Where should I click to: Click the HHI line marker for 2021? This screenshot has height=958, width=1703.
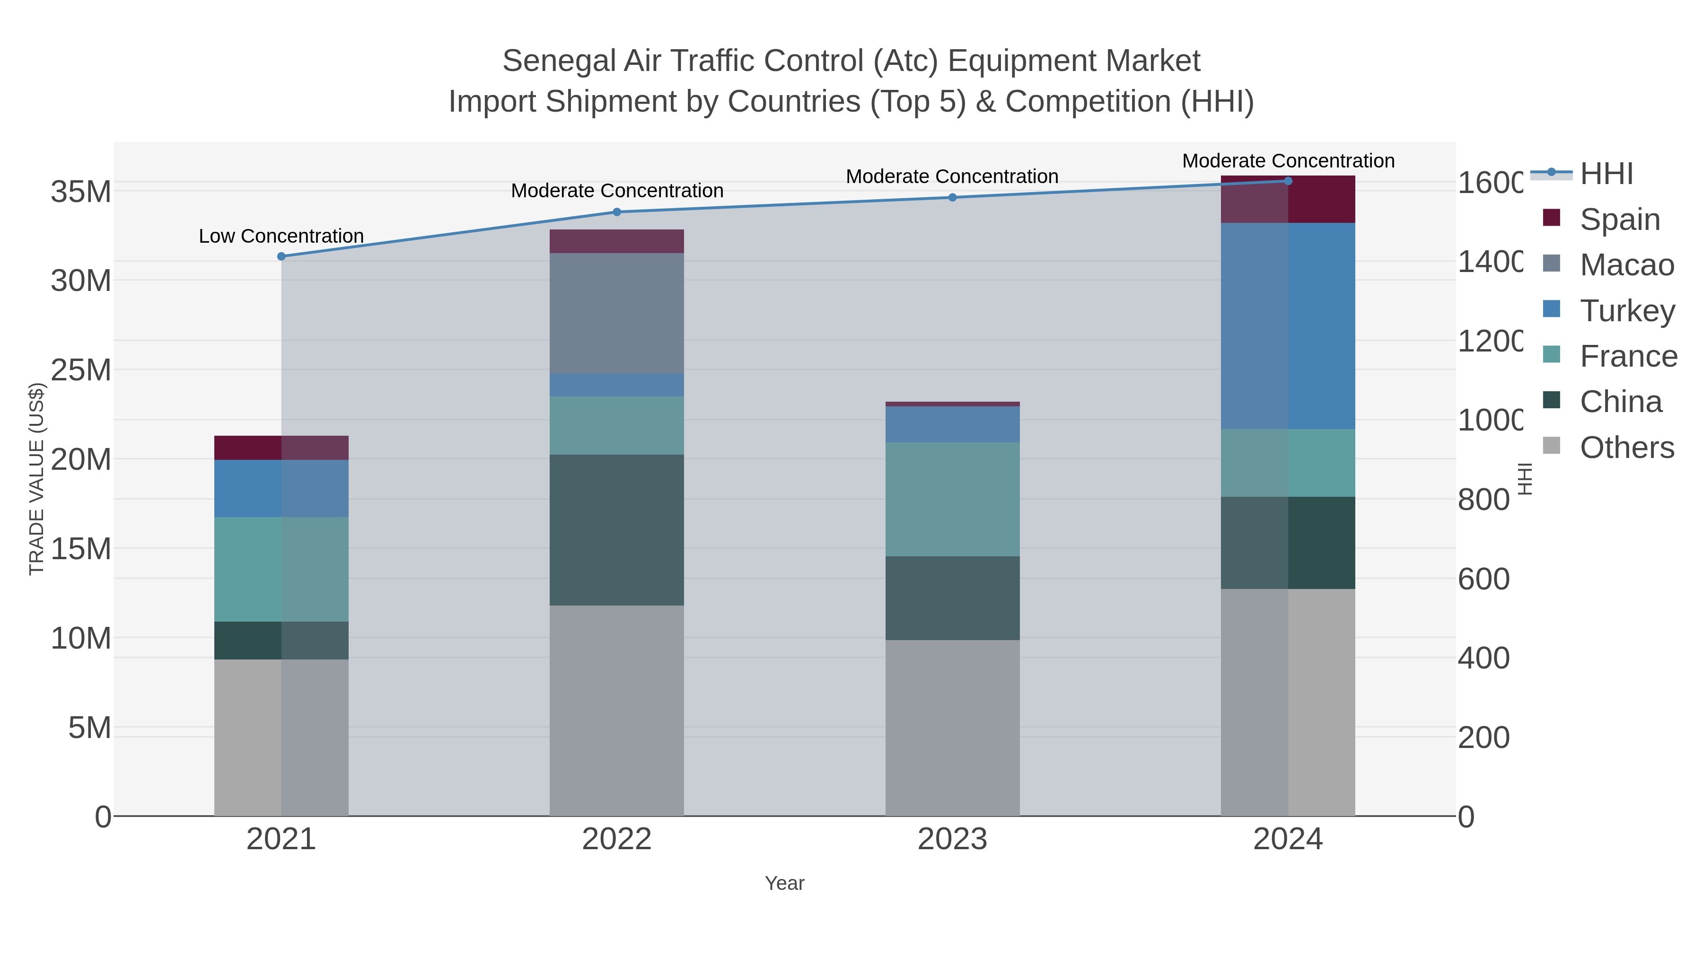coord(281,256)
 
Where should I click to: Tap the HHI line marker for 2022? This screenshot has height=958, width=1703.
coord(617,212)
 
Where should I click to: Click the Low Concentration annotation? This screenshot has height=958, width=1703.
coord(281,236)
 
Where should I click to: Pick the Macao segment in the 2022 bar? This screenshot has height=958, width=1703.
coord(617,313)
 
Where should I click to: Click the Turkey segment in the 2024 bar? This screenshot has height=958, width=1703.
coord(1288,326)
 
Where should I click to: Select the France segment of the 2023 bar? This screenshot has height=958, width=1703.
coord(952,499)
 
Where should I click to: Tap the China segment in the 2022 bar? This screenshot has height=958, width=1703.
coord(617,530)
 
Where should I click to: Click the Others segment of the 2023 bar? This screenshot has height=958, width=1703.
coord(952,727)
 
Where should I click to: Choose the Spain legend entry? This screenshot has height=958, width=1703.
coord(1619,220)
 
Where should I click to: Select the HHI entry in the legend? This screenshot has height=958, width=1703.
coord(1606,174)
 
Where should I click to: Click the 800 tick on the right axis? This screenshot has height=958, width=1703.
coord(1484,500)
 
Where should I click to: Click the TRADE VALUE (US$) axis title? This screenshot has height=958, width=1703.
coord(36,479)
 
